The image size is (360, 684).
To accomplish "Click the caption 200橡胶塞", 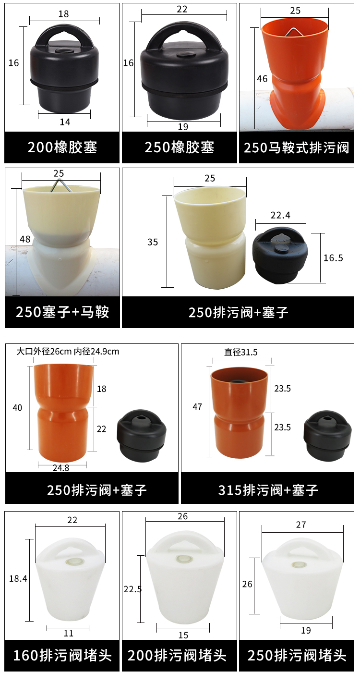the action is pos(62,147).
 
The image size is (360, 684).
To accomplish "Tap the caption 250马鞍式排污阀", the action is pos(296,147).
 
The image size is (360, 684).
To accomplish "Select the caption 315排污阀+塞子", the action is pos(268,490).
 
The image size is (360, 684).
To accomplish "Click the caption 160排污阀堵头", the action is pos(62,656).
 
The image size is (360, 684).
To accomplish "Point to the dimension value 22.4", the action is pos(280,215).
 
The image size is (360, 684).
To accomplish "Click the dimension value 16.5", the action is pos(333,258).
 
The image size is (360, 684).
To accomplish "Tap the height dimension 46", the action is pos(262,79).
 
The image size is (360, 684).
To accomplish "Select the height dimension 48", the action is pos(25,239).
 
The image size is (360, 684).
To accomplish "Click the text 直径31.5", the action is pos(240,353).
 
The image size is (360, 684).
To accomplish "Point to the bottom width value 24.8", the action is pos(61,468).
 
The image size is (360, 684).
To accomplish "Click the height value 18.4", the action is pos(18,579).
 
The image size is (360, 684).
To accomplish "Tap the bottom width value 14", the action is pos(65,122).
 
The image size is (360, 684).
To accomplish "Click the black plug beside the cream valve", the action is pos(280,255).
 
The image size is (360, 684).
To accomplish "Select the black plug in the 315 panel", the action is pos(327,436).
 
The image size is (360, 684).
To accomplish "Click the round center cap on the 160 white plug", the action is pos(72,562).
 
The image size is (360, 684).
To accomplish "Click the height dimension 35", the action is pos(153,242).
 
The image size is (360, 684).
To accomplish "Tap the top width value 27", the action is pos(301,525).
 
